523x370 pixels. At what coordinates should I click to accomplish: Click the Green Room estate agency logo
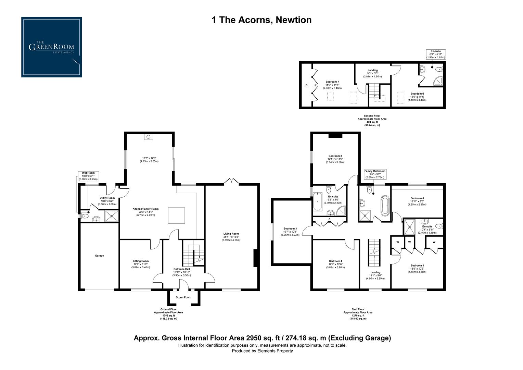pos(51,47)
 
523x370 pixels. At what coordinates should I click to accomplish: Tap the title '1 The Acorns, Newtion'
pos(261,20)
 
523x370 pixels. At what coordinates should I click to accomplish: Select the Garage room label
pos(99,256)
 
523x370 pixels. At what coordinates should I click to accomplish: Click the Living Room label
pos(231,234)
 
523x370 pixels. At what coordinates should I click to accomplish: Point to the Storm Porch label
pos(183,297)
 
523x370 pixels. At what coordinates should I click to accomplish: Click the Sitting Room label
pos(141,261)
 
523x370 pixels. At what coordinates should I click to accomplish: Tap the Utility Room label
pos(107,198)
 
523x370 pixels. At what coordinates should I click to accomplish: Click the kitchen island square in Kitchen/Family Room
pos(176,216)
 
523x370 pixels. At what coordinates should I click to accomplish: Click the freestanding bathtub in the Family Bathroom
pos(385,205)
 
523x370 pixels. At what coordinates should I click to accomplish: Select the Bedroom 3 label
pos(290,229)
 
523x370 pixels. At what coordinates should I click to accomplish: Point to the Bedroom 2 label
pos(335,156)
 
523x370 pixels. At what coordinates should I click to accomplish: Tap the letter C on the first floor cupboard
pos(329,219)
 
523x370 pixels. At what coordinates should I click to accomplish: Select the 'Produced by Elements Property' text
pos(262,351)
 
